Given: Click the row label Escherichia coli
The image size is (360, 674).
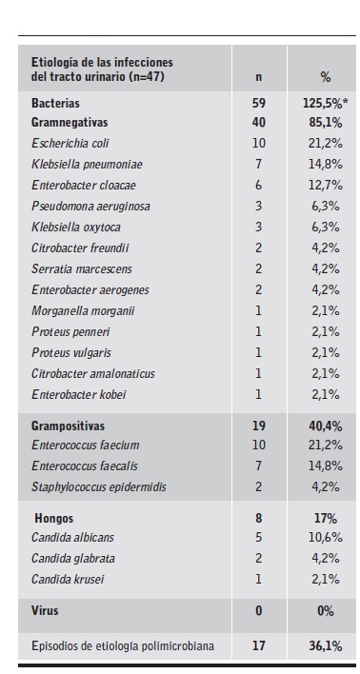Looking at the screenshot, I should pos(70,143).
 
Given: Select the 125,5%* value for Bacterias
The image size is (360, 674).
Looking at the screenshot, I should pos(322,102).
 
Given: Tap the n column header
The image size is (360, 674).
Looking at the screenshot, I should pos(258,76).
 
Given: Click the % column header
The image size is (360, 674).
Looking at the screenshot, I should pos(324,76).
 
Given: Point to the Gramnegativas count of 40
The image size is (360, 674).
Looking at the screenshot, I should pos(258,122).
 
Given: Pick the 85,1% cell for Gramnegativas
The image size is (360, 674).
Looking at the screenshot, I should pos(322,122).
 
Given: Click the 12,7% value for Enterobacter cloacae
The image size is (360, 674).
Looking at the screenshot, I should pos(323,185).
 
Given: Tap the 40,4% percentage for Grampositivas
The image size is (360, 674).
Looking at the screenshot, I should pos(323,426).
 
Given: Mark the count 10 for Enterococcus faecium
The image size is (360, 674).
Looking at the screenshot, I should pos(258,446).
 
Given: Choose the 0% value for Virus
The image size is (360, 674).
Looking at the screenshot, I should pos(324,611).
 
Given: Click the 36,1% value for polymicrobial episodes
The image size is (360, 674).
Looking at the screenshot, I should pos(323,647).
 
